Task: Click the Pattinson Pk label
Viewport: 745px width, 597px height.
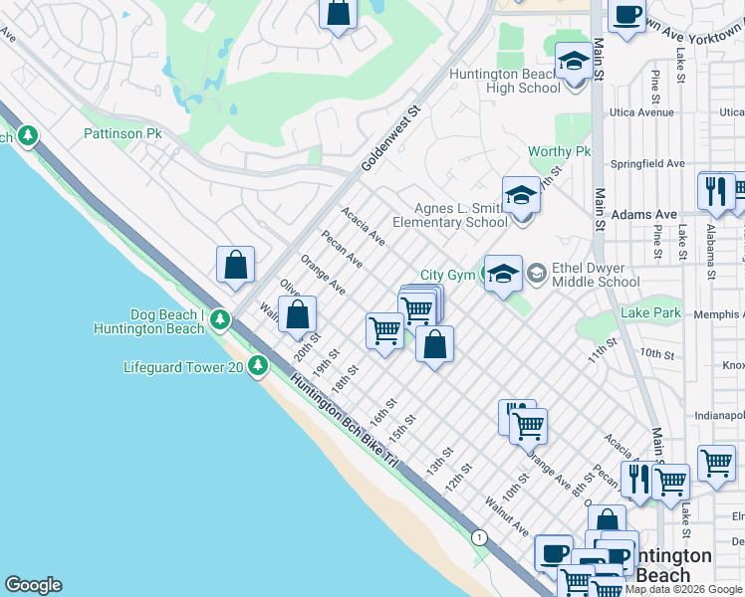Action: tap(123, 133)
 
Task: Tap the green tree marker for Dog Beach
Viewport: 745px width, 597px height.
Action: tap(219, 320)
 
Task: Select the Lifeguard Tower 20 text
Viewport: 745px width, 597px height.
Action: tap(183, 367)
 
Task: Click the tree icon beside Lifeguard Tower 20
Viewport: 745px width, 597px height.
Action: tap(258, 367)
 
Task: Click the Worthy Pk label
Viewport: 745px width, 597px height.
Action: tap(559, 151)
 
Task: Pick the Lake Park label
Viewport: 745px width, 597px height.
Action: tap(649, 312)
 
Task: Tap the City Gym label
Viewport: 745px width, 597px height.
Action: tap(446, 275)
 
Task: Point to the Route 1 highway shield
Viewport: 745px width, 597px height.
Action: tap(480, 537)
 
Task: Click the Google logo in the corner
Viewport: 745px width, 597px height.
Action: tap(33, 585)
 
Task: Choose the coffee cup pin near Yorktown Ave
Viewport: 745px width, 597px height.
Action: tap(626, 17)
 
